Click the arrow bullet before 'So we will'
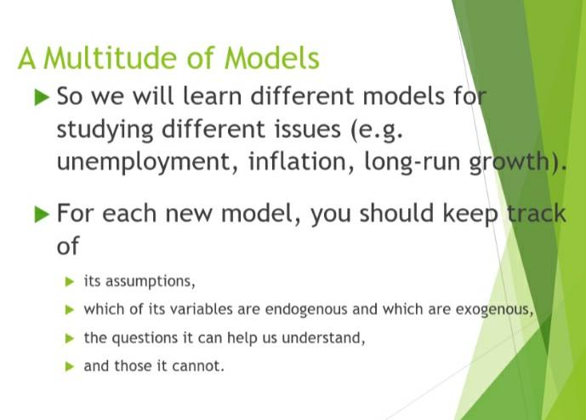point(41,98)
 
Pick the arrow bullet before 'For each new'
point(41,214)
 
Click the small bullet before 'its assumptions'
point(70,280)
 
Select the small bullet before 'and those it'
point(70,366)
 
